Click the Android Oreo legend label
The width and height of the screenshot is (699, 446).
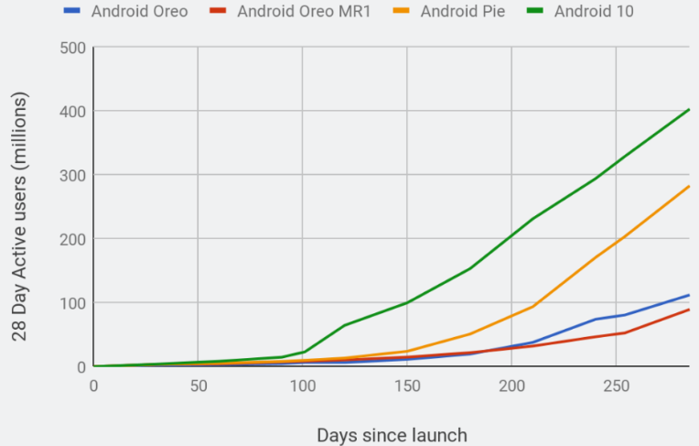point(140,12)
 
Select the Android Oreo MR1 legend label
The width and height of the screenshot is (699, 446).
point(303,12)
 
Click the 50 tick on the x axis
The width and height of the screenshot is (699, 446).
point(198,386)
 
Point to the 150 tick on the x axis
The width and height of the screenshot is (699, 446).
point(407,386)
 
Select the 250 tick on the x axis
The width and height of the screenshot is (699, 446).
point(616,386)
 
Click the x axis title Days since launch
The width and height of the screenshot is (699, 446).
point(392,435)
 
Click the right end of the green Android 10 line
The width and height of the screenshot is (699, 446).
point(689,109)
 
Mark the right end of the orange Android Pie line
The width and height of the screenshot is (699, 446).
point(689,186)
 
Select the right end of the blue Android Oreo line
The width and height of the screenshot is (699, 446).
point(689,295)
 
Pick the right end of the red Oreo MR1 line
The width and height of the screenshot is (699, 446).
point(689,310)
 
